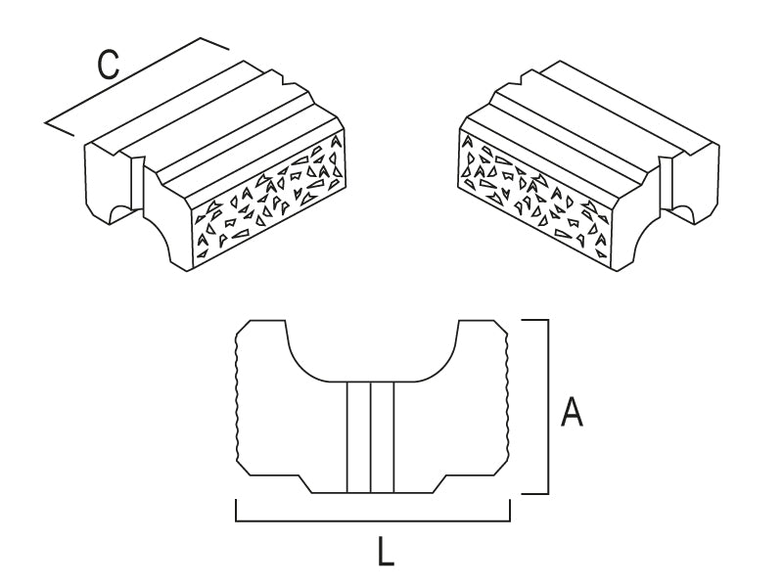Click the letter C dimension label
pos(109,66)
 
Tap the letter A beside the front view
pos(572,413)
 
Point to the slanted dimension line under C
pos(137,83)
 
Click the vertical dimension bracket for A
pos(546,406)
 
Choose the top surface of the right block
pos(587,117)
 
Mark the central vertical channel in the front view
pos(371,436)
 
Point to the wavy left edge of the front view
pos(238,401)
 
